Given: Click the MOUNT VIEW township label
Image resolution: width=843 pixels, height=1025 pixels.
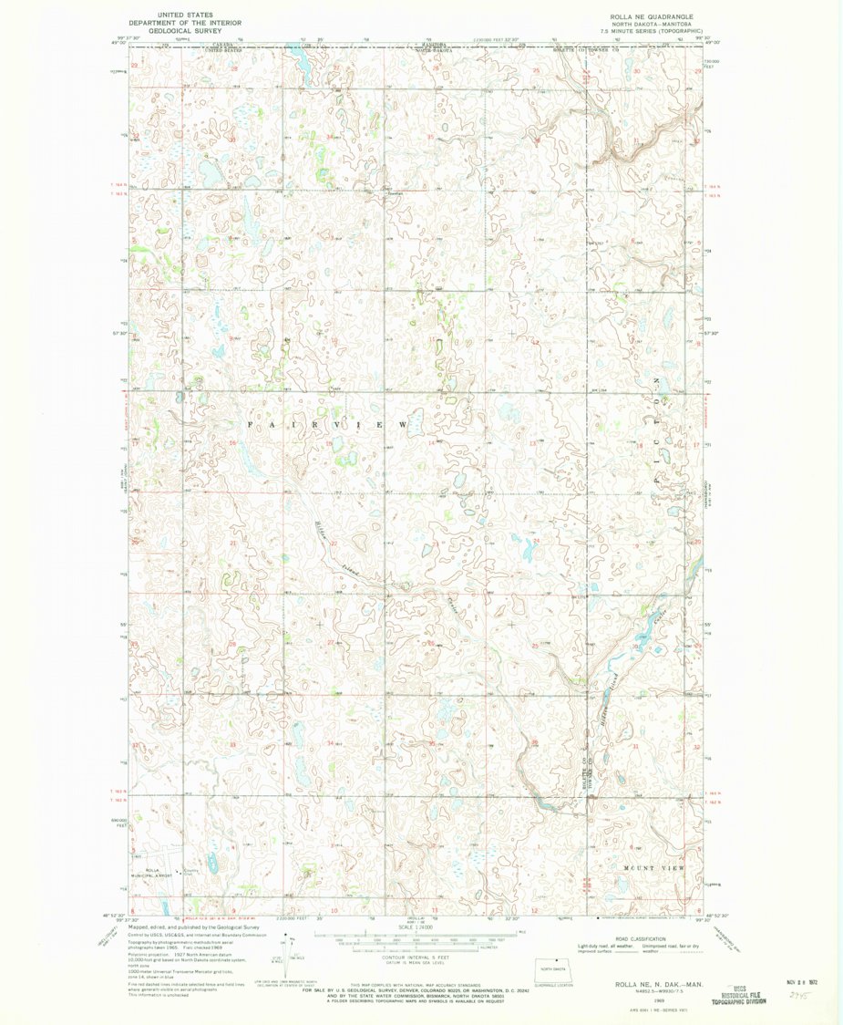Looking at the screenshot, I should (x=653, y=867).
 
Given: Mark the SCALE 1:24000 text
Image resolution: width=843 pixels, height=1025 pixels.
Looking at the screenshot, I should (x=418, y=928).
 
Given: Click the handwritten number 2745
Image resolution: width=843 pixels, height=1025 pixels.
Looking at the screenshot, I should (x=799, y=997).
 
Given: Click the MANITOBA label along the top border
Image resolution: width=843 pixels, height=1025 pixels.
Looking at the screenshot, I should (x=433, y=42).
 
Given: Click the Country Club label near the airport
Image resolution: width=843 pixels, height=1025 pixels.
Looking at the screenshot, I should (x=189, y=871).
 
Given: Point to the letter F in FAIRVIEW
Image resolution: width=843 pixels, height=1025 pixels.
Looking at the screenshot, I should (x=252, y=426).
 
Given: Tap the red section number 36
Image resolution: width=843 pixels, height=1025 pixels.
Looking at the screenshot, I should (x=536, y=141).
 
